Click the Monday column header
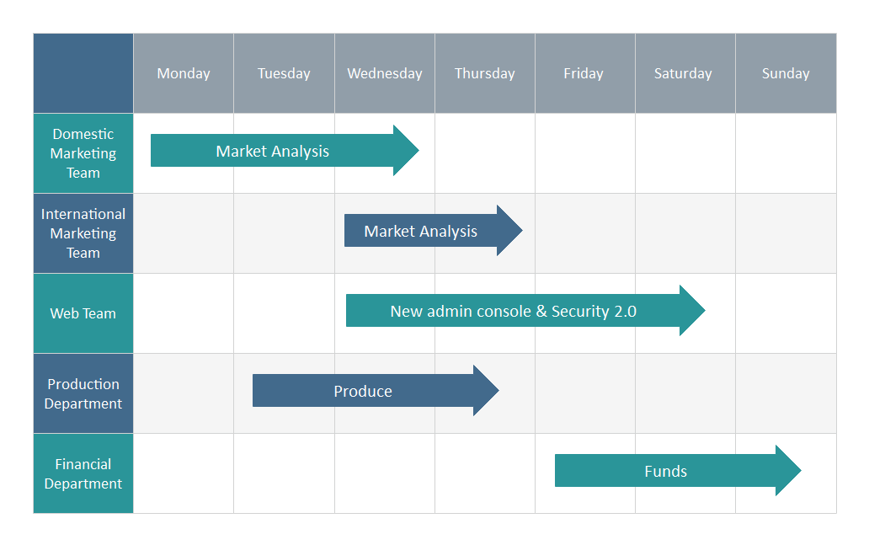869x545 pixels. point(184,73)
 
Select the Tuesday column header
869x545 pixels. point(284,73)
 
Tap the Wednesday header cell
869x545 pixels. point(385,73)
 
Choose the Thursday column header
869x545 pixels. point(485,73)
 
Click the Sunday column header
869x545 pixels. point(786,73)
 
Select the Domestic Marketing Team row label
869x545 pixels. point(83,153)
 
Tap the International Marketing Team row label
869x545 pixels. point(83,233)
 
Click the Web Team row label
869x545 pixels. point(83,313)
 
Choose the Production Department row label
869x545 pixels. point(83,393)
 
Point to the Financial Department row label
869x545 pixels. point(83,473)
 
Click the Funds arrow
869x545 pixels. point(678,471)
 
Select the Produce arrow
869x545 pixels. point(376,390)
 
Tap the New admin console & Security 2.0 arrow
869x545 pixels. point(525,311)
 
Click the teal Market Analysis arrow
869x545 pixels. point(285,150)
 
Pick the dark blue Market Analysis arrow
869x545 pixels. point(434,231)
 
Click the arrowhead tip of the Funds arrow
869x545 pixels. point(801,471)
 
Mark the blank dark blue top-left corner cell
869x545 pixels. point(83,73)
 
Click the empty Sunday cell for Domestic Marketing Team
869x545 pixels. point(786,153)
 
